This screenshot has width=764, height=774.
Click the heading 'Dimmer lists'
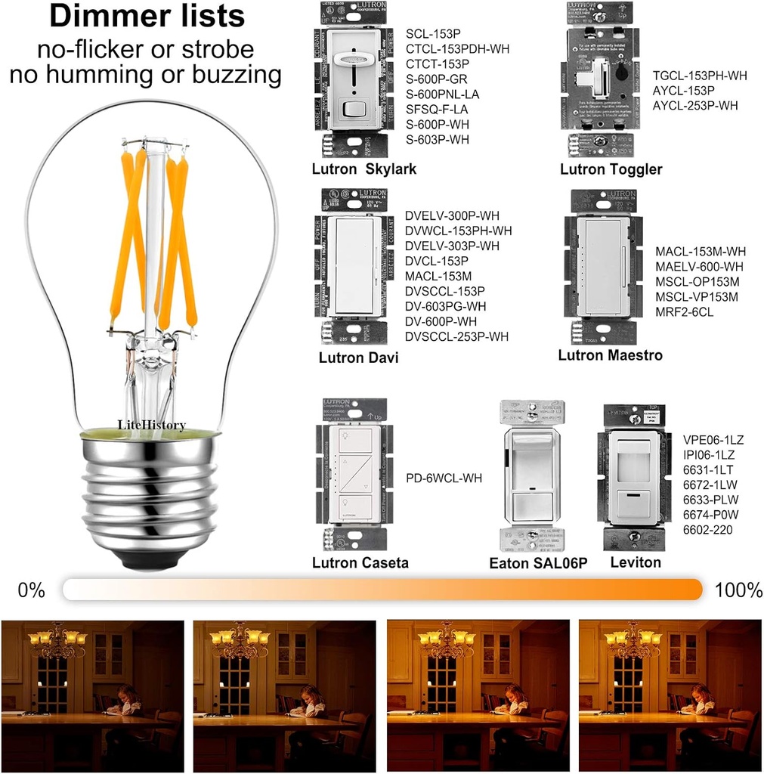coord(147,17)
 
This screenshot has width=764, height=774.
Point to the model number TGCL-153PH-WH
coord(700,76)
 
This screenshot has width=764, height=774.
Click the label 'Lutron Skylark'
coord(363,169)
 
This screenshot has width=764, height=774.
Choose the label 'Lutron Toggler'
coord(611,169)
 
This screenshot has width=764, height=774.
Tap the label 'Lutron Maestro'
coord(610,355)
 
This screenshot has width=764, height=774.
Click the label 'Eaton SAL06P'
coord(538,563)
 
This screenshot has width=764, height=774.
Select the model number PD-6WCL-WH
coord(444,478)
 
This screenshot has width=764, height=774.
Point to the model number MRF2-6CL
coord(684,311)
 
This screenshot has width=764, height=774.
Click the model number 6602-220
coord(707,530)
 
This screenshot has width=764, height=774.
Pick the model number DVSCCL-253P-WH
coord(456,336)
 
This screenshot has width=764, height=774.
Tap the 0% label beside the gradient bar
coord(32,590)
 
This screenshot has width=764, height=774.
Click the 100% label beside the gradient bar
coord(738,590)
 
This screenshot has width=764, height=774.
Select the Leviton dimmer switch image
coord(633,476)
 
